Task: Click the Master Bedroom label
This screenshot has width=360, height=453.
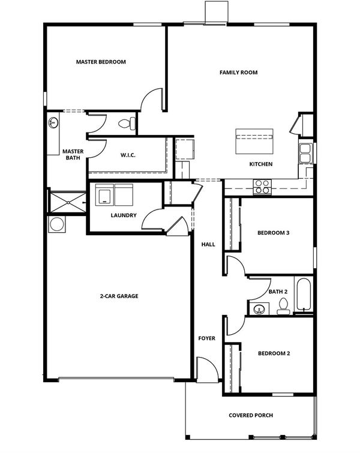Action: click(x=101, y=62)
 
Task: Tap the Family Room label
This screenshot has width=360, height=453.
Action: click(x=238, y=73)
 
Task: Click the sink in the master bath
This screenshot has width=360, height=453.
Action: click(x=53, y=122)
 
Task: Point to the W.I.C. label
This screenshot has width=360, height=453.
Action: click(x=128, y=155)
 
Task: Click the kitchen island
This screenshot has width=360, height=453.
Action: click(x=254, y=141)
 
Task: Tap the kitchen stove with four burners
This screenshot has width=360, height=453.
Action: click(x=262, y=187)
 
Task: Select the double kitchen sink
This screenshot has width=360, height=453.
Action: click(x=305, y=154)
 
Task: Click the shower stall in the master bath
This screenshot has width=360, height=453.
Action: click(x=68, y=202)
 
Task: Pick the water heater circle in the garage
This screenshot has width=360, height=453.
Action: click(x=57, y=224)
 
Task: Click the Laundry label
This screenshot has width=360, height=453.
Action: click(x=124, y=215)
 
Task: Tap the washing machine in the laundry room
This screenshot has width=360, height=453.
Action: click(x=104, y=195)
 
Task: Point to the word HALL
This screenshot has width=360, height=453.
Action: click(x=208, y=244)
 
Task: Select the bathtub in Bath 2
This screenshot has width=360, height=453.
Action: click(x=304, y=294)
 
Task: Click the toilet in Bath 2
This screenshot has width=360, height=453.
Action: click(x=283, y=306)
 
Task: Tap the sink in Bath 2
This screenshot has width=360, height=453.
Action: click(x=259, y=310)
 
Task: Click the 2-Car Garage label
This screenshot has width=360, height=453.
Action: click(x=119, y=296)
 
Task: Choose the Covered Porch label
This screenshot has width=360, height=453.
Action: click(x=251, y=415)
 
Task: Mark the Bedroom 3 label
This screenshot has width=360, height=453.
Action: click(x=274, y=233)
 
